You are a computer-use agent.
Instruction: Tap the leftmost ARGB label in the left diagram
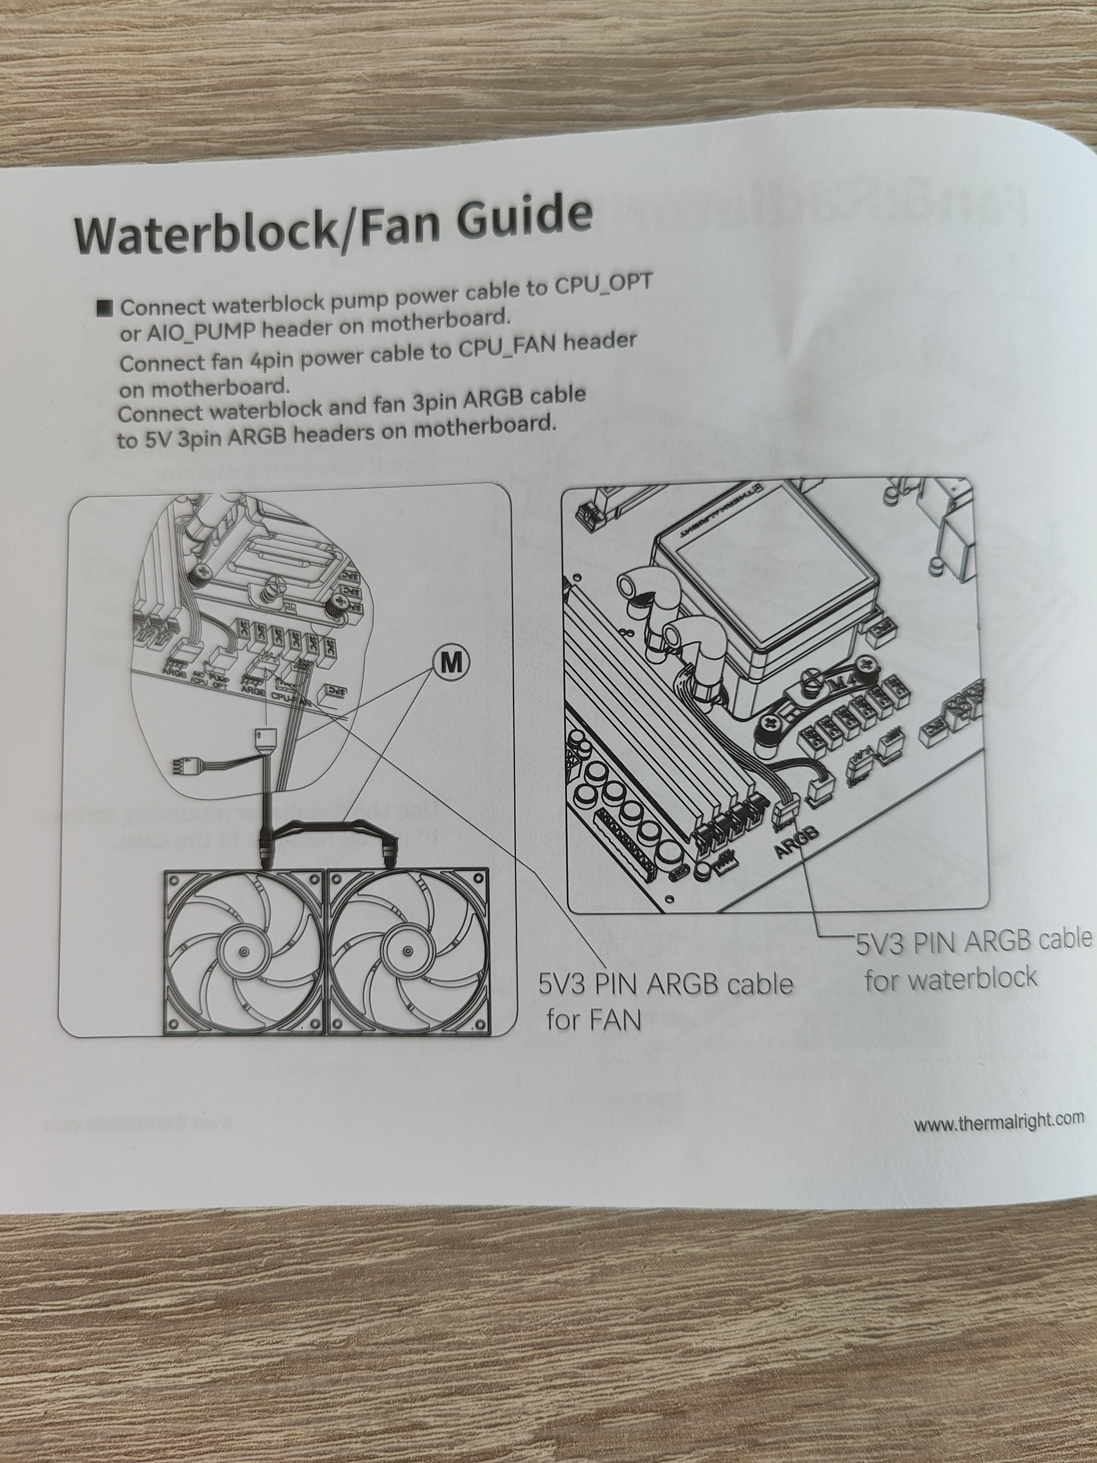click(174, 673)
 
